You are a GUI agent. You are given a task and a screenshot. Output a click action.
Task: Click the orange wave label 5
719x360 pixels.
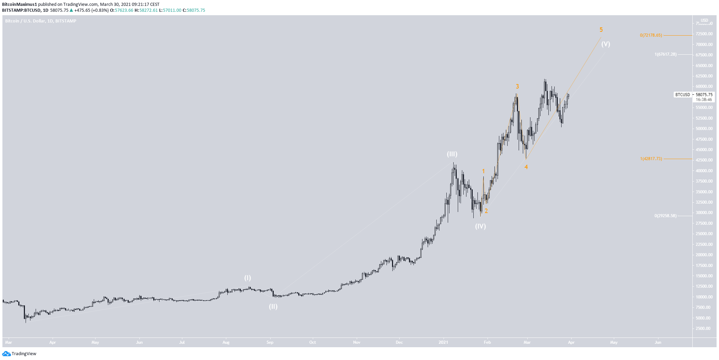coord(601,30)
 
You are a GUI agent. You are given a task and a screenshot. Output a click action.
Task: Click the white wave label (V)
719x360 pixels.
coord(606,44)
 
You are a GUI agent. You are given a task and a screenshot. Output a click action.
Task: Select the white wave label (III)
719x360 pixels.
coord(452,154)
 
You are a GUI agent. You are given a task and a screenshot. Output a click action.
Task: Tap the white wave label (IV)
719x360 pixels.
coord(480,226)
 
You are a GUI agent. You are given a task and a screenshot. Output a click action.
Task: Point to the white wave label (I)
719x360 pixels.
coord(248,278)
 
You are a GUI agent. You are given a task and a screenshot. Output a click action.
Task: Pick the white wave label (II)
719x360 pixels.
coord(273,306)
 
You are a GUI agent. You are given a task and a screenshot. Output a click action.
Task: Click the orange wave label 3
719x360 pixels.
coord(517,86)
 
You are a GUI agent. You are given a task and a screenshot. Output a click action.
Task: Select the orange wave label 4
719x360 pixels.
coord(526,167)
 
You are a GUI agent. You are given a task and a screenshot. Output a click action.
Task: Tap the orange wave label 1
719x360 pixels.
coord(483,171)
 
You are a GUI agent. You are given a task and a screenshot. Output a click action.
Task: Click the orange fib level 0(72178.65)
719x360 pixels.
coord(651,35)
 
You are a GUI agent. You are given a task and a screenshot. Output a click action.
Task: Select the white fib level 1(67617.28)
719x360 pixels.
coord(665,54)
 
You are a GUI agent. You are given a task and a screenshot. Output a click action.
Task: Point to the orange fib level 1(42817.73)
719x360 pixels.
coord(651,159)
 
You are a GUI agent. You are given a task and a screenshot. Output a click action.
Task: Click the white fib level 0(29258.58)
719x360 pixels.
coord(665,216)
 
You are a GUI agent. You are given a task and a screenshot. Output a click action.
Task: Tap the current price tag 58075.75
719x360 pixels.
coord(704,94)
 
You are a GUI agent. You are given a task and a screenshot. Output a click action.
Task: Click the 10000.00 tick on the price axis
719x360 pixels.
coord(704,297)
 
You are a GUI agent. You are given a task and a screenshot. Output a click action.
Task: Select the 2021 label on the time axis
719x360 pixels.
coord(443,342)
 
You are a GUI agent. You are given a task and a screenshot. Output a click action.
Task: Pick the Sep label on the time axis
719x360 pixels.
coord(270,342)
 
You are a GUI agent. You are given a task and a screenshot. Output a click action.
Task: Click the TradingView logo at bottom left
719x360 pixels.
coord(19,353)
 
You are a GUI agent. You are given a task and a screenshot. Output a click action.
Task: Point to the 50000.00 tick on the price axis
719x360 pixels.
coord(704,129)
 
